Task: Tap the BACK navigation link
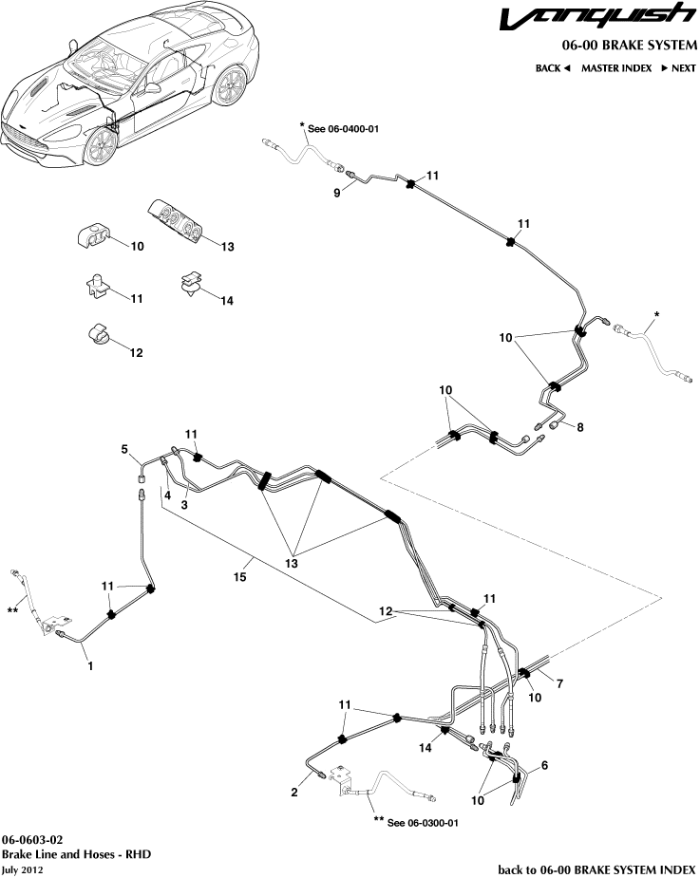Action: [x=552, y=68]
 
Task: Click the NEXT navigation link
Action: [x=678, y=68]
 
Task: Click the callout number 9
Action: [x=336, y=192]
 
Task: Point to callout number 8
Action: [x=579, y=427]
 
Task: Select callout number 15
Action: [x=241, y=575]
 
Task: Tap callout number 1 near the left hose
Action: [x=90, y=666]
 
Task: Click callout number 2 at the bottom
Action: [x=294, y=792]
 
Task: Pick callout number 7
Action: [x=559, y=683]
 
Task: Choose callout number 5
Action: [x=123, y=449]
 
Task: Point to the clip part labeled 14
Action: [x=191, y=283]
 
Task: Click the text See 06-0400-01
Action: [x=343, y=128]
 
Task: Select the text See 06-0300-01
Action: [x=423, y=822]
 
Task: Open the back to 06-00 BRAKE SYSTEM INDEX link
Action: [x=597, y=869]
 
